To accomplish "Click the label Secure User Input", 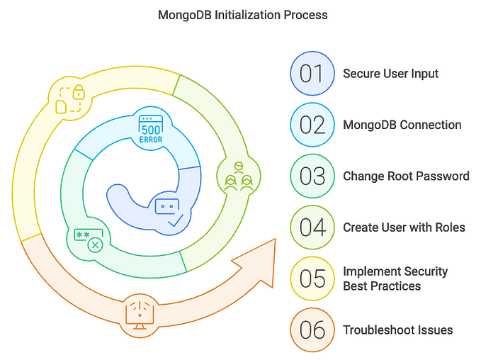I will coord(390,74).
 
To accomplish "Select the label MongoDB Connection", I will coord(402,125).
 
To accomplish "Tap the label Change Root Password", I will coord(405,176).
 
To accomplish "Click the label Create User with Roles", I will coord(404,227).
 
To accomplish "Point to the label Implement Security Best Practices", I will coord(395,279).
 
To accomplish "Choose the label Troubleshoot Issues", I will coord(397,330).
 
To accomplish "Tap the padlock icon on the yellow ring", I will coord(72,99).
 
